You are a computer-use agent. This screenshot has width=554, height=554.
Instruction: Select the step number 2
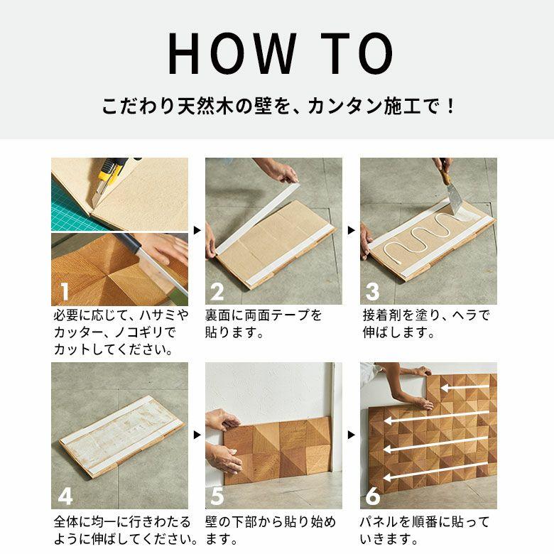[x=218, y=291]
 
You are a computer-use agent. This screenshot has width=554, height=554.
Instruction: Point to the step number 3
[x=372, y=291]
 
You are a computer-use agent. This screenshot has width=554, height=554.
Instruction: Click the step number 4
[x=65, y=495]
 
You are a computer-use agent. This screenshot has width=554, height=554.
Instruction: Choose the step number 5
[x=218, y=495]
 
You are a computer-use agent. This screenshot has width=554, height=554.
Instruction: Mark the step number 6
[x=372, y=495]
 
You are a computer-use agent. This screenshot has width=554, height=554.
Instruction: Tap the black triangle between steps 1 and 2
[x=197, y=231]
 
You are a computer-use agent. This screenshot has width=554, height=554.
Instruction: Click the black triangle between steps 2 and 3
[x=351, y=231]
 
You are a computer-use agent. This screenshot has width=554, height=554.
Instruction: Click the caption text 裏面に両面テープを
[x=264, y=315]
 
